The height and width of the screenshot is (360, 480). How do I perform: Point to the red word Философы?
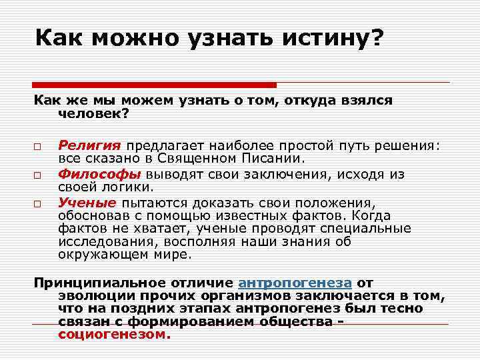[x=99, y=175]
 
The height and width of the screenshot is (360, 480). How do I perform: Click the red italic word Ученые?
[x=87, y=203]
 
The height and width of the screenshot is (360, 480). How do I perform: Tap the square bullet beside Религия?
[x=39, y=147]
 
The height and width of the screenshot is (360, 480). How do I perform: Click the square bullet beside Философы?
[x=39, y=175]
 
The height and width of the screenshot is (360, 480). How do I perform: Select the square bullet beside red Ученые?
[x=39, y=203]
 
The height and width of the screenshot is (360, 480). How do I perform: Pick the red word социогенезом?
[x=110, y=335]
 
